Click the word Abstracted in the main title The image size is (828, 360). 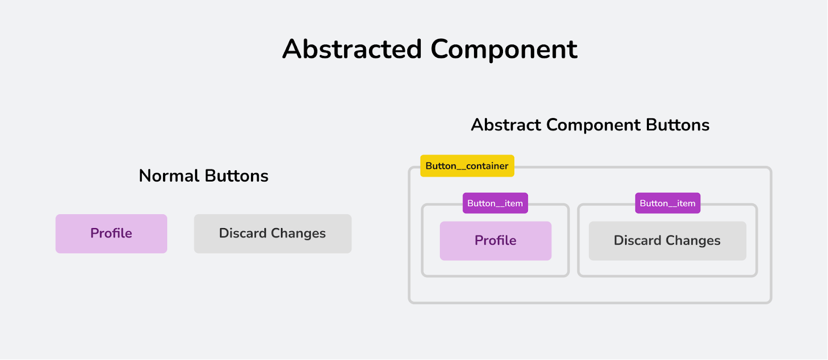pyautogui.click(x=352, y=50)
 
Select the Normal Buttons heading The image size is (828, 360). pyautogui.click(x=203, y=176)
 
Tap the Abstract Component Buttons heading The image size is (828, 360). pyautogui.click(x=590, y=125)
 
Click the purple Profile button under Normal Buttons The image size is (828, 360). pyautogui.click(x=111, y=234)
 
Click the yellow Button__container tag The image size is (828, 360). pyautogui.click(x=467, y=166)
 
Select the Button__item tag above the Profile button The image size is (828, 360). pyautogui.click(x=495, y=203)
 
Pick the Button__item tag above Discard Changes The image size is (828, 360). pyautogui.click(x=668, y=203)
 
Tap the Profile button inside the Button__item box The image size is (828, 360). pyautogui.click(x=495, y=241)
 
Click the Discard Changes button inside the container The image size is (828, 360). pyautogui.click(x=667, y=241)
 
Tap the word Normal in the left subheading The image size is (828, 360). pyautogui.click(x=169, y=176)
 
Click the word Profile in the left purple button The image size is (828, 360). pyautogui.click(x=111, y=234)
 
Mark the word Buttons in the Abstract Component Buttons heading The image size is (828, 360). pyautogui.click(x=677, y=125)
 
